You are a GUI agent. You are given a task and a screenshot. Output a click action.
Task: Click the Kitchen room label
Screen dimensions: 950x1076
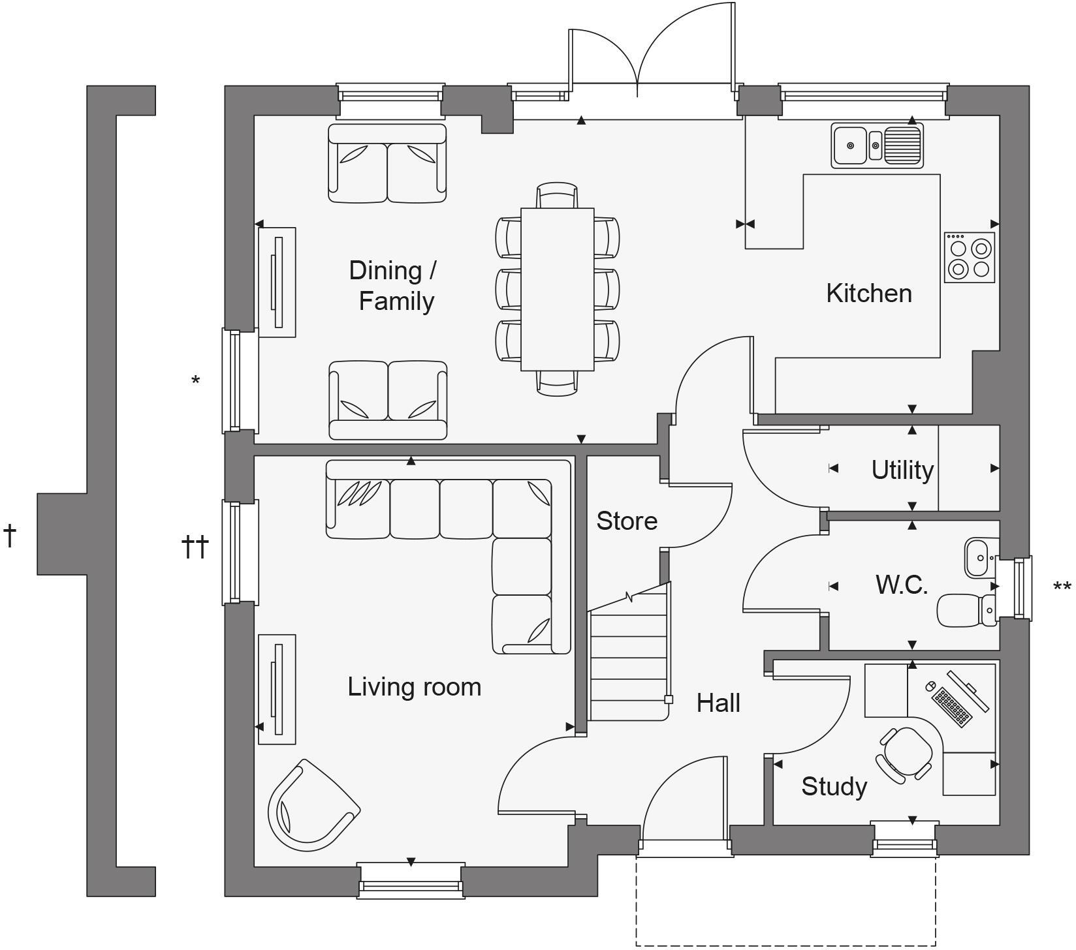coord(868,293)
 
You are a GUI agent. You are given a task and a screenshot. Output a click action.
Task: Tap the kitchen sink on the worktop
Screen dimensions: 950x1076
coord(877,146)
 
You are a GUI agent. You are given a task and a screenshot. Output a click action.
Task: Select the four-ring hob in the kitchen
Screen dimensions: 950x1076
coord(969,258)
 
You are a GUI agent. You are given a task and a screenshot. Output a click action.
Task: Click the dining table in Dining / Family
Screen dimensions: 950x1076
coord(557,289)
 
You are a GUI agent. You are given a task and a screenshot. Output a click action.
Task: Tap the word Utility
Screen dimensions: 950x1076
coord(902,470)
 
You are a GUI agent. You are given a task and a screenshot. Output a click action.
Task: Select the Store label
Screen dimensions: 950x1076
coord(626,521)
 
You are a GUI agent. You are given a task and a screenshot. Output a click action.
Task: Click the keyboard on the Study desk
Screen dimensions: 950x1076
coord(951,707)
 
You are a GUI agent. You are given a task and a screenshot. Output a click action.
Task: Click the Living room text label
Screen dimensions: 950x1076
coord(414,687)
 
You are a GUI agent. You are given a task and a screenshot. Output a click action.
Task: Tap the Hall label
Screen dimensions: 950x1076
coord(718,703)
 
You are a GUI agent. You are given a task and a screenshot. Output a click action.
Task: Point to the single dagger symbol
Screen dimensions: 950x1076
coord(10,535)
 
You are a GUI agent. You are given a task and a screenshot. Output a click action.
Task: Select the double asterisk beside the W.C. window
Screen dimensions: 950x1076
coord(1062,587)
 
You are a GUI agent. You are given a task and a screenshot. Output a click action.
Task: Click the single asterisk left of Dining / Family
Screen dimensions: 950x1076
coord(195,380)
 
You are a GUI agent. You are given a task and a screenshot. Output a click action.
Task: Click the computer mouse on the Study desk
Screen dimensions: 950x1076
coord(931,686)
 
